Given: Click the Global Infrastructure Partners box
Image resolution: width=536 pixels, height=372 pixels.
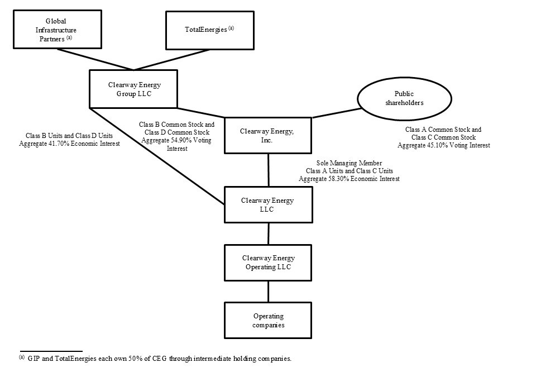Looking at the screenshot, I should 58,29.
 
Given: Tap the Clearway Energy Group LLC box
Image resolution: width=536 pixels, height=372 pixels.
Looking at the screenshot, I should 133,89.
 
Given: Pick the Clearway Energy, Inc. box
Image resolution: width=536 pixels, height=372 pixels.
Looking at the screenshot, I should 267,135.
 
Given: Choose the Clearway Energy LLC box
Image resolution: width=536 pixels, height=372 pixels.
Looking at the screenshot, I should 267,204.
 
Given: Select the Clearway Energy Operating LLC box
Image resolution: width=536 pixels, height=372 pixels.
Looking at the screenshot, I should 267,262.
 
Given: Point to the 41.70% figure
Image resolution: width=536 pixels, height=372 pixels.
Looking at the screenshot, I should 62,144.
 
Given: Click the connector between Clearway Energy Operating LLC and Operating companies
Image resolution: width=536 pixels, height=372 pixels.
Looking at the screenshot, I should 268,291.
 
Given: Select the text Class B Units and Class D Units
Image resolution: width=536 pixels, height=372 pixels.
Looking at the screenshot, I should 69,135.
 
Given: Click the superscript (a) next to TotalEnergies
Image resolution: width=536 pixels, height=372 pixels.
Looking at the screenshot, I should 231,27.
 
